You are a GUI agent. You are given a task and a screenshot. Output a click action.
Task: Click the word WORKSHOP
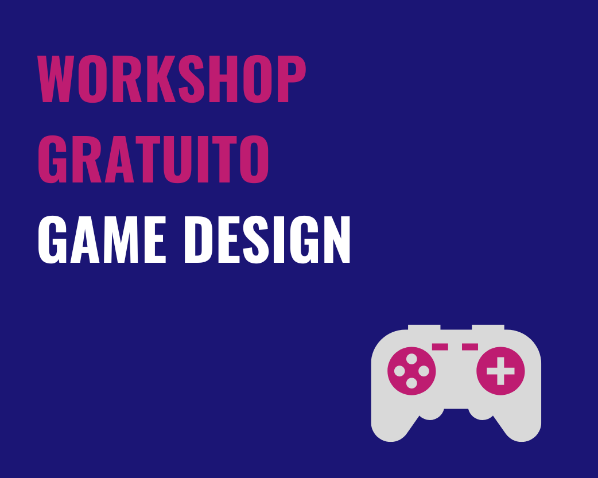coord(172,79)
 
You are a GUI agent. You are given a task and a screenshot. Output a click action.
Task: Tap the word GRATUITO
coord(153,159)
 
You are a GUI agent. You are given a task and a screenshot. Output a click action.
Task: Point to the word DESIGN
coord(267,239)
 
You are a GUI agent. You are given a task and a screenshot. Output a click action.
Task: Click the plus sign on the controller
coord(500,371)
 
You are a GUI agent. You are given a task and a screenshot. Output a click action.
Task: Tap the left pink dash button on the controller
coord(440,347)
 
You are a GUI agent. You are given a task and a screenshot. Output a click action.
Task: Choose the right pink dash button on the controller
coord(470,347)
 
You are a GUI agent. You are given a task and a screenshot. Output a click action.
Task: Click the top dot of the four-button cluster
coord(411,359)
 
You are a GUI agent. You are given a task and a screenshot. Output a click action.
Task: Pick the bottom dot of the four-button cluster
coord(411,383)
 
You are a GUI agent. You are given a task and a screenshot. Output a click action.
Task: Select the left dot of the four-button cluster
coord(399,371)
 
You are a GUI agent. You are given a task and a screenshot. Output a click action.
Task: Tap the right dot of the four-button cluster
coord(424,371)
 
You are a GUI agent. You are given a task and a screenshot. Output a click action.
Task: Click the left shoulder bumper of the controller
coord(424,327)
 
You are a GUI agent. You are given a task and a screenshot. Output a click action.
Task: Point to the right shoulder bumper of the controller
coord(488,327)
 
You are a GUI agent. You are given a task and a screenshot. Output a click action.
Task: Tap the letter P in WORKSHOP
coord(292,79)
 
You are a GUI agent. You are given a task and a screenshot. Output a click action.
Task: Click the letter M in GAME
coord(121,239)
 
